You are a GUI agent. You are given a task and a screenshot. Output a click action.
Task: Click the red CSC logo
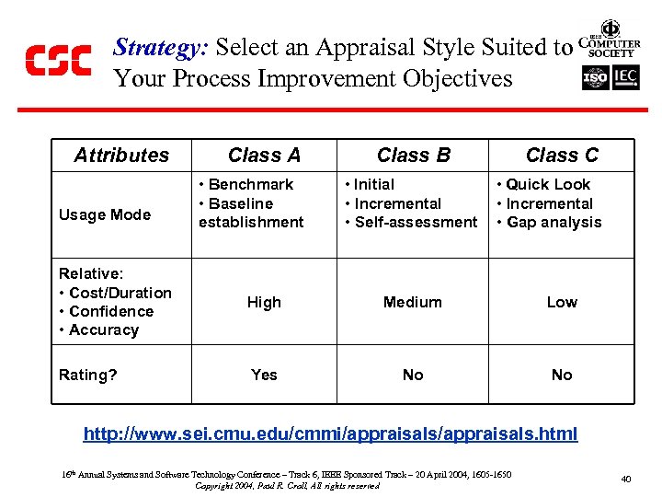tap(58, 60)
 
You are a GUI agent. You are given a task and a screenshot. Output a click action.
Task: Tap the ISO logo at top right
tap(595, 77)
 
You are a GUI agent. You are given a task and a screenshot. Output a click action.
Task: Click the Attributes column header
tap(121, 155)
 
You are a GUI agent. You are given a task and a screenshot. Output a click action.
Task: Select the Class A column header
tap(264, 155)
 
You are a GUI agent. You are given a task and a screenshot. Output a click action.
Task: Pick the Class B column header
tap(413, 155)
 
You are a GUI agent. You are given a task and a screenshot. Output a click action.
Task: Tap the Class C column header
tap(562, 155)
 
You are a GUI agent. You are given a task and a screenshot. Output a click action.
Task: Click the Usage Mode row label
tap(104, 214)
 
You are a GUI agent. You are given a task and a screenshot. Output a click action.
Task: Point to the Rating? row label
tap(87, 375)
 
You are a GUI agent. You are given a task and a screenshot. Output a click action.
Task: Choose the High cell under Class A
tap(264, 302)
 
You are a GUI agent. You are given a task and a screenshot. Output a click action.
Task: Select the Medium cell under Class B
tap(413, 302)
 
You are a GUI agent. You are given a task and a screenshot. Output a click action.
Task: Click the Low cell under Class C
tap(562, 302)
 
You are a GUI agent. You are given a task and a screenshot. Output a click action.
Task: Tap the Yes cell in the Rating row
tap(264, 375)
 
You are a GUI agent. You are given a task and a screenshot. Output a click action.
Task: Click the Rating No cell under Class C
tap(562, 375)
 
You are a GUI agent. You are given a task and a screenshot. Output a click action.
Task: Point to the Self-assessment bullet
tap(416, 222)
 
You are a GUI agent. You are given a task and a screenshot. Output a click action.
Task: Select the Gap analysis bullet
tap(554, 222)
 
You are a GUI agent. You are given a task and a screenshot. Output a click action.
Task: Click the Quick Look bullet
tap(548, 184)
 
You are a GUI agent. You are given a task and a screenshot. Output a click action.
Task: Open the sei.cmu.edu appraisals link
tap(330, 433)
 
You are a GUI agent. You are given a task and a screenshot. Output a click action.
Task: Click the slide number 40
tap(625, 479)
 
